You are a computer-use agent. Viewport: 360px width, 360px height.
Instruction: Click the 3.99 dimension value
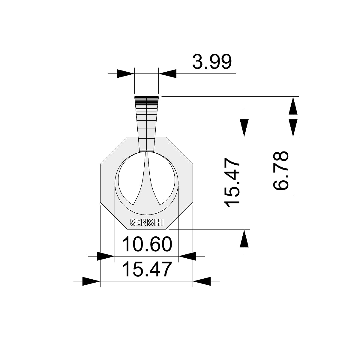point(212,62)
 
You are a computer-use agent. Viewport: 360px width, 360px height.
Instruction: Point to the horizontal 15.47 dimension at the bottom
point(147,269)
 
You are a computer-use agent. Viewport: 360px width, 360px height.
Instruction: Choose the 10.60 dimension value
point(147,244)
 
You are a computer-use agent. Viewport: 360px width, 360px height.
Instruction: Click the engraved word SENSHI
point(146,223)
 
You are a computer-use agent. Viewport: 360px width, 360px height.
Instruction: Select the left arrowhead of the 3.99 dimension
point(125,73)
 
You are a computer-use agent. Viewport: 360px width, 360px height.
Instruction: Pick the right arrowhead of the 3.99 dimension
point(167,73)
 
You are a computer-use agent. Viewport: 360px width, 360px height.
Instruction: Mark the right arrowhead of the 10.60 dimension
point(187,256)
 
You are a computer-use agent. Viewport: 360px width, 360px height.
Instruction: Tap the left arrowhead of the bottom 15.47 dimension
point(91,281)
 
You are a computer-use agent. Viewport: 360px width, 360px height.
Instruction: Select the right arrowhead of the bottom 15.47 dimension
point(202,281)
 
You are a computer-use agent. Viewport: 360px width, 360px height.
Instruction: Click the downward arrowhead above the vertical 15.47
point(244,128)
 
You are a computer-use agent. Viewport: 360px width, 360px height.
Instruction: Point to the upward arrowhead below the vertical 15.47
point(244,238)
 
